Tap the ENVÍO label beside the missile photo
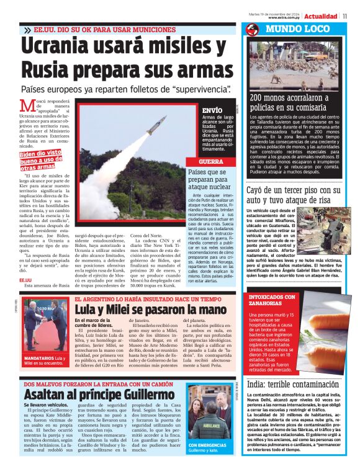click(x=212, y=110)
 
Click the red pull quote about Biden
click(x=41, y=160)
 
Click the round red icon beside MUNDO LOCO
click(x=251, y=30)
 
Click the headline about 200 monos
click(x=289, y=102)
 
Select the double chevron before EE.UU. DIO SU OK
click(x=28, y=30)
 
